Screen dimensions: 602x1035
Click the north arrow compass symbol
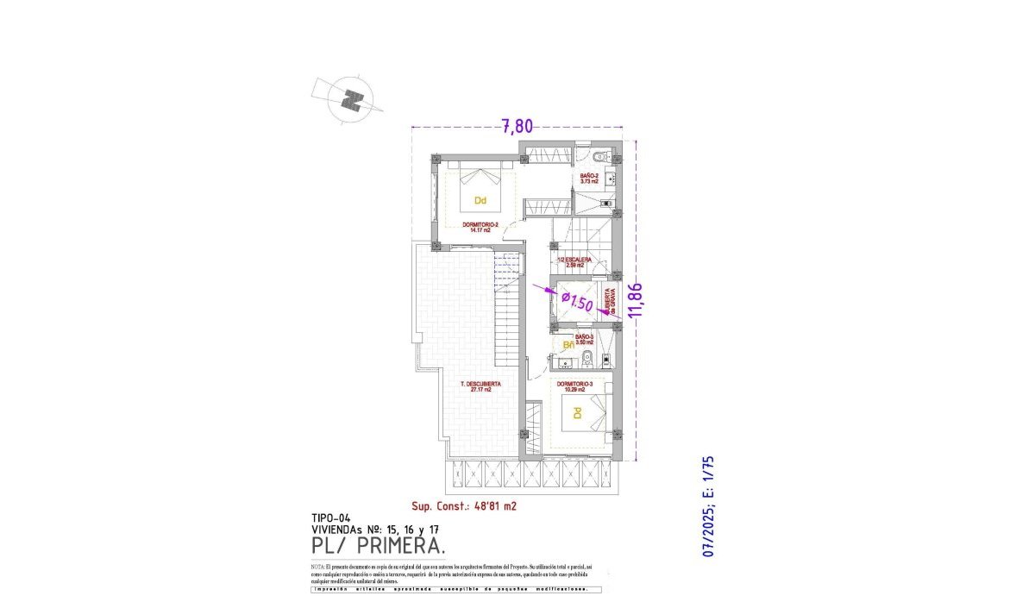click(349, 100)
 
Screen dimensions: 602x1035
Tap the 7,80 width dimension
click(517, 126)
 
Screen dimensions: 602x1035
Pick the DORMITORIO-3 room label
click(574, 386)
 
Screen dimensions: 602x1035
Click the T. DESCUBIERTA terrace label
click(475, 386)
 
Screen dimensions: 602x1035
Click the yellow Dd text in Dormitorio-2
click(480, 201)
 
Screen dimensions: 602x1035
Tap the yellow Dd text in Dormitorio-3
click(575, 414)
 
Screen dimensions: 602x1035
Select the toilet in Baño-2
click(601, 157)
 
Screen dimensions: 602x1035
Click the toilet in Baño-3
click(586, 358)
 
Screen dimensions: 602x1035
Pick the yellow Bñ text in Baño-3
click(568, 346)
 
